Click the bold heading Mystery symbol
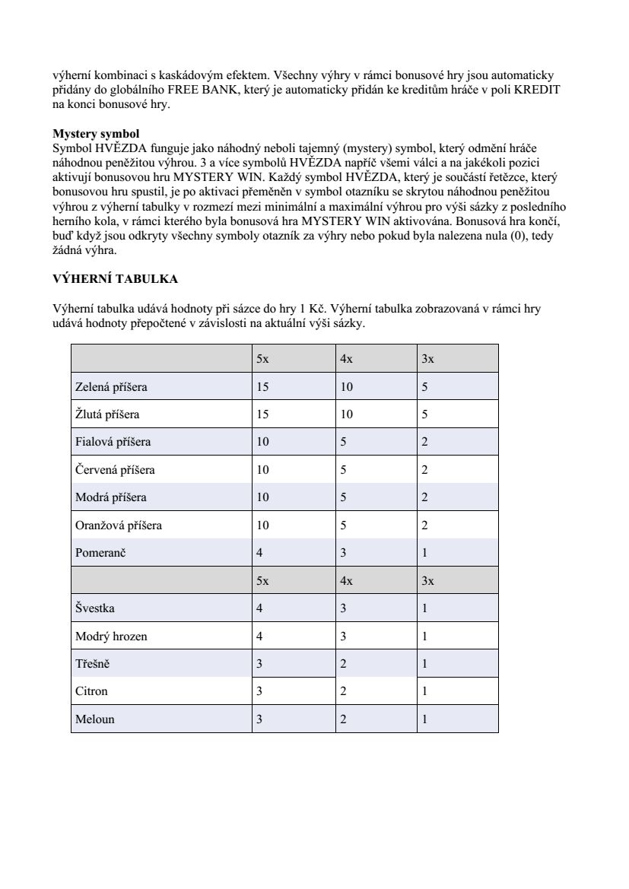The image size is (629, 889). (x=96, y=133)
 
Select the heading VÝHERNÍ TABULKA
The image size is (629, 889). (x=115, y=279)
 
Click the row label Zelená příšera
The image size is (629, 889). (x=111, y=387)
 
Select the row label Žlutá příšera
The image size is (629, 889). (x=107, y=414)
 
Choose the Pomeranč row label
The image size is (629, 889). (x=100, y=553)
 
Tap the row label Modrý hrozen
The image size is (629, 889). (x=111, y=636)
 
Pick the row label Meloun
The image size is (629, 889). (x=95, y=719)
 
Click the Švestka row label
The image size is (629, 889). (x=96, y=608)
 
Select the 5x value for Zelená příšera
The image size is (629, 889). (x=262, y=387)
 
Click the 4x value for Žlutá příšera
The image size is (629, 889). (x=346, y=414)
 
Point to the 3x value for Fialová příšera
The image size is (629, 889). (x=424, y=442)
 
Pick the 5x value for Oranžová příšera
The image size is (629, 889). (x=262, y=525)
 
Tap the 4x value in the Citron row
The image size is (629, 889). (x=343, y=691)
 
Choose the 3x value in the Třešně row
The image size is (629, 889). (x=424, y=664)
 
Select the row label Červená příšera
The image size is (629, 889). (x=115, y=470)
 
